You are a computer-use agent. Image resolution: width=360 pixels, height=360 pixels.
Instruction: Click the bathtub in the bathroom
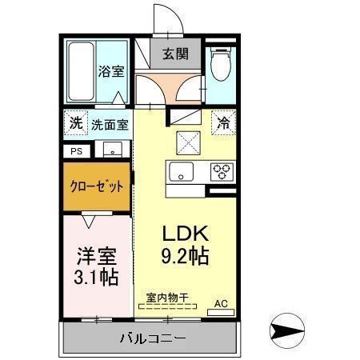pos(80,71)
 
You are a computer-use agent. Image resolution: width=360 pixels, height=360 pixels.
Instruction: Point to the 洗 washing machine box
pos(74,124)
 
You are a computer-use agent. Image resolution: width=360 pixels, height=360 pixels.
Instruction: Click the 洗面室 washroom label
pos(108,125)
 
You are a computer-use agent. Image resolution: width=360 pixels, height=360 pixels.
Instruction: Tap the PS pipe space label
pos(77,150)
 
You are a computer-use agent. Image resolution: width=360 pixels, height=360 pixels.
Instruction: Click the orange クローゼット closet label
pos(98,186)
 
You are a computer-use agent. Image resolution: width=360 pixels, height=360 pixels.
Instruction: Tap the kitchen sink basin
pos(181,170)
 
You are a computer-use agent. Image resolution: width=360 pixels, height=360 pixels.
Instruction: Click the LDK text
pos(186,234)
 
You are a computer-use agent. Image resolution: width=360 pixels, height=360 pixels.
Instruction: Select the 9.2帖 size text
pos(186,257)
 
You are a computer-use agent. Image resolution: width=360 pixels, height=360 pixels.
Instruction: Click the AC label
pos(220,303)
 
